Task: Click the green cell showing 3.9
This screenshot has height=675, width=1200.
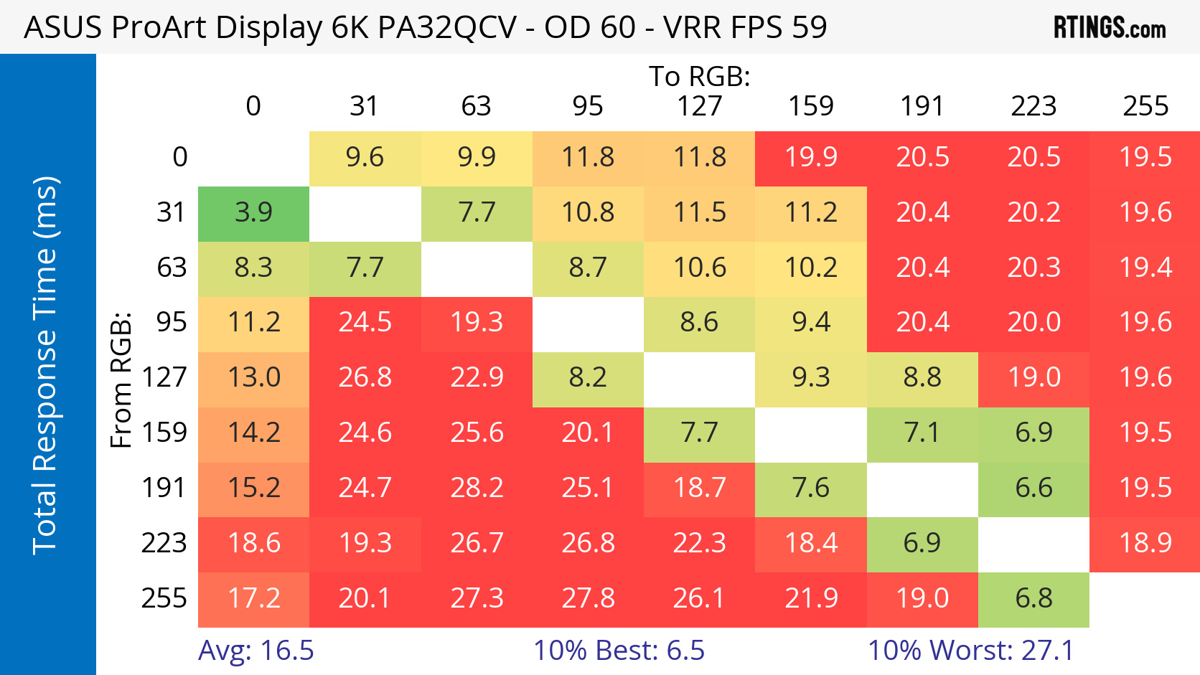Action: (x=253, y=212)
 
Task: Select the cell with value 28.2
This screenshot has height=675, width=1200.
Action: (x=477, y=488)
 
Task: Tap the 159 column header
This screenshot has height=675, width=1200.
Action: (x=811, y=106)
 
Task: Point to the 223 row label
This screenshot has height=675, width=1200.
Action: (x=164, y=543)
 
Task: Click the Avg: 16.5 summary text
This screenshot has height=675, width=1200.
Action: (x=256, y=651)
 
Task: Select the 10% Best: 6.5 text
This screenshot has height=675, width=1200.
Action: (x=619, y=651)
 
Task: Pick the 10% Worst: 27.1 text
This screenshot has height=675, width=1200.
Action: (x=970, y=651)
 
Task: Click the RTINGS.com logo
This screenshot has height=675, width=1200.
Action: (x=1109, y=28)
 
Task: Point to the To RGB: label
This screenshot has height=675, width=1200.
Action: (x=700, y=76)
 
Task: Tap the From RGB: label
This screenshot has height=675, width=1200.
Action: (x=121, y=379)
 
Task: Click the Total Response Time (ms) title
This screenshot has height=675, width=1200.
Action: (x=44, y=365)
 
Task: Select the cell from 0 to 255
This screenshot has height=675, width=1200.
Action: (x=1145, y=157)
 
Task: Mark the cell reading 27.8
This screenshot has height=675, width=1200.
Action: (x=588, y=598)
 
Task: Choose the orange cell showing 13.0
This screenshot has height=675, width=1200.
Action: (x=253, y=377)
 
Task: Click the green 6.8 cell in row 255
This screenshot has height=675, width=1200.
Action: (x=1033, y=598)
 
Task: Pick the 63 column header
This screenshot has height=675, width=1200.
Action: (x=476, y=106)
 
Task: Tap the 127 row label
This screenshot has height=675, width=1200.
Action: (x=164, y=377)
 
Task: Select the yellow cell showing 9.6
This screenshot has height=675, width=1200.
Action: (x=365, y=157)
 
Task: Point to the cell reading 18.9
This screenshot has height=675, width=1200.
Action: (x=1145, y=543)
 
